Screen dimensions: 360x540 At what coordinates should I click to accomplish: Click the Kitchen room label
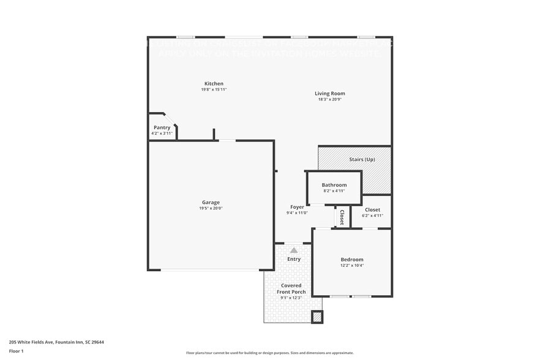pyautogui.click(x=214, y=83)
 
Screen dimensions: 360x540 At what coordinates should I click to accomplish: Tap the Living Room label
pyautogui.click(x=330, y=94)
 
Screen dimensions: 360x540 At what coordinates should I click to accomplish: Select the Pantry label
pyautogui.click(x=162, y=127)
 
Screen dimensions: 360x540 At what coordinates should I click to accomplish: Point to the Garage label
pyautogui.click(x=211, y=202)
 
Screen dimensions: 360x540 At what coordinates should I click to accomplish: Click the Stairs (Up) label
pyautogui.click(x=362, y=160)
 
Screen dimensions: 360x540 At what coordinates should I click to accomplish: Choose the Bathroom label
pyautogui.click(x=334, y=185)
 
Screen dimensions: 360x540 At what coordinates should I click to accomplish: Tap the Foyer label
pyautogui.click(x=297, y=207)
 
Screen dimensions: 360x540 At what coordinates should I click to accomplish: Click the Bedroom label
pyautogui.click(x=352, y=260)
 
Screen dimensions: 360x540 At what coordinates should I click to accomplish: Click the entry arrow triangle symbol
pyautogui.click(x=294, y=250)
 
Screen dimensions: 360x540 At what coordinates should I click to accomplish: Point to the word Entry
pyautogui.click(x=294, y=259)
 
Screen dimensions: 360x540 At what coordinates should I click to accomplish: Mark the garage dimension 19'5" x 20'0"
pyautogui.click(x=211, y=209)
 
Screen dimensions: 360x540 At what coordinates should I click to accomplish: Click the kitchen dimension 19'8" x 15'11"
pyautogui.click(x=214, y=89)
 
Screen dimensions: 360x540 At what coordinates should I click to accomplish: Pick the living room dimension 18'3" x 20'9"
pyautogui.click(x=330, y=100)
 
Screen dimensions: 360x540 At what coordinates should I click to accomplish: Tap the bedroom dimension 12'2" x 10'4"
pyautogui.click(x=352, y=266)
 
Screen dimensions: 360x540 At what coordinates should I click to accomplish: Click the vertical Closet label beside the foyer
pyautogui.click(x=342, y=217)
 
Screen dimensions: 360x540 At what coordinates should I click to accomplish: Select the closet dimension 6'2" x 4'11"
pyautogui.click(x=372, y=216)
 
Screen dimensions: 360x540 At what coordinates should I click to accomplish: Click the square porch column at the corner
pyautogui.click(x=317, y=317)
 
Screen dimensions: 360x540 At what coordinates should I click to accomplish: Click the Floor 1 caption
pyautogui.click(x=17, y=351)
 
